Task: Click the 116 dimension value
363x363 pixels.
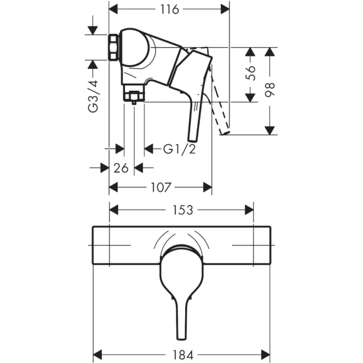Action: pyautogui.click(x=169, y=9)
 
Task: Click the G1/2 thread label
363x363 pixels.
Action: pyautogui.click(x=179, y=149)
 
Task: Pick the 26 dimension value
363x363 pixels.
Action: pyautogui.click(x=121, y=167)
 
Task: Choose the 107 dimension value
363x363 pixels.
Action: pyautogui.click(x=160, y=187)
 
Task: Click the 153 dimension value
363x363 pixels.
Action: pyautogui.click(x=182, y=210)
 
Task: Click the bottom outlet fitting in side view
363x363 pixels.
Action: pyautogui.click(x=134, y=96)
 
